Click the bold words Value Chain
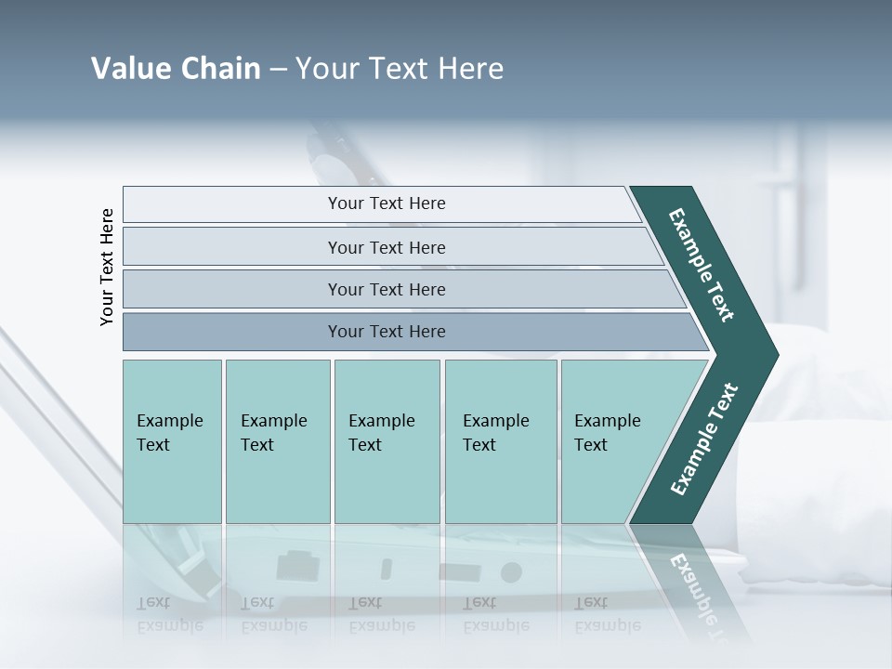(176, 69)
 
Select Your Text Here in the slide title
(400, 69)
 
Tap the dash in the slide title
(278, 70)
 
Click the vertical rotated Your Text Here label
(107, 267)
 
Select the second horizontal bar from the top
(387, 247)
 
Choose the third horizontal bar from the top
(387, 289)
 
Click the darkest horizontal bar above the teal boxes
(387, 332)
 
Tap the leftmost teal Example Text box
(172, 441)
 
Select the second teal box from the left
(278, 441)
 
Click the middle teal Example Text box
(387, 441)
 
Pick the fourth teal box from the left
(501, 441)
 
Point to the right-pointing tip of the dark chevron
(773, 355)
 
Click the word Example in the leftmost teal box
(169, 421)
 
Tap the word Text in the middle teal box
(365, 445)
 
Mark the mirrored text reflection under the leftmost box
(169, 614)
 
